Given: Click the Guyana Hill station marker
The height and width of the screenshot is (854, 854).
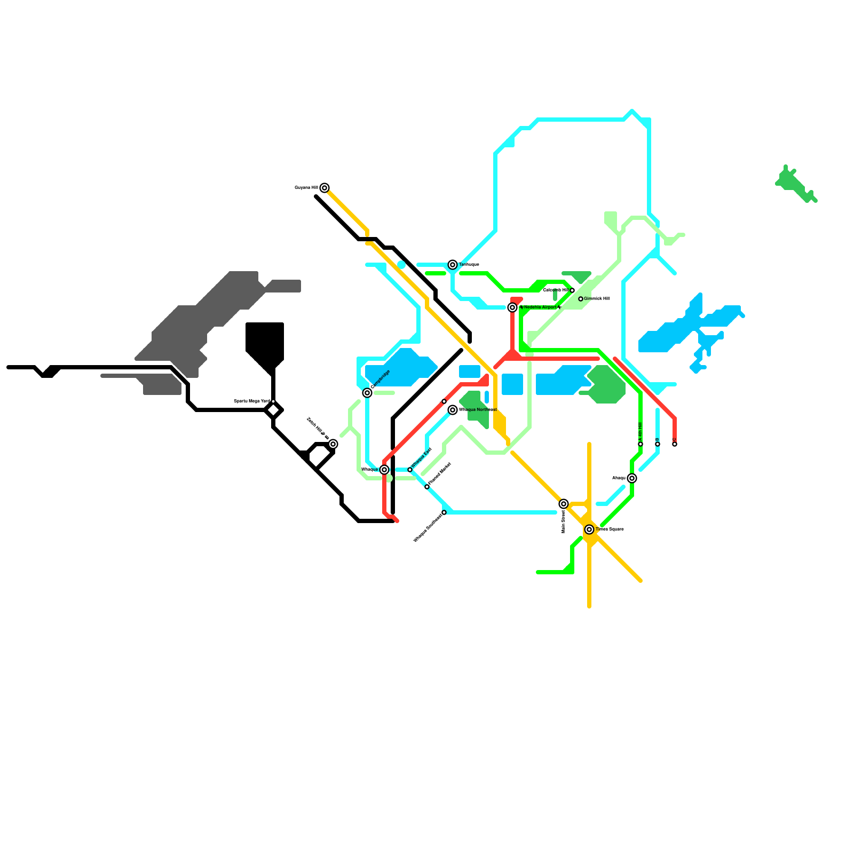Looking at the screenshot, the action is click(325, 188).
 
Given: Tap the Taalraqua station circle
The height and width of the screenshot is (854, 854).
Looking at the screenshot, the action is click(453, 265).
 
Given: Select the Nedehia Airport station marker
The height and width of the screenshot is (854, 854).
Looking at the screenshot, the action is click(512, 307).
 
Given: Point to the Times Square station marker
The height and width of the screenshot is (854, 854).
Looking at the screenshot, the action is click(589, 529).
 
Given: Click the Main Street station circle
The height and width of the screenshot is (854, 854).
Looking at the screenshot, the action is click(564, 504).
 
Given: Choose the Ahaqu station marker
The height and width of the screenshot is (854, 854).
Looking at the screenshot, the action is click(632, 478).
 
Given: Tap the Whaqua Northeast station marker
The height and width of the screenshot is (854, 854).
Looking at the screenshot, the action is click(453, 410).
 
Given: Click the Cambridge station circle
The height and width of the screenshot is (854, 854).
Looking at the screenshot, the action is click(367, 393).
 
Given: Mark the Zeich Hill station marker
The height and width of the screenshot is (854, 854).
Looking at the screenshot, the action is click(333, 444).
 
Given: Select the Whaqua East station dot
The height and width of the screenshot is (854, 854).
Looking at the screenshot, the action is click(410, 470).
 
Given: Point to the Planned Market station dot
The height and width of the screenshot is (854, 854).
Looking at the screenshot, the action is click(427, 487).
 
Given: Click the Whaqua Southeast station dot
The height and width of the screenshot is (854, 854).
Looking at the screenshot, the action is click(444, 512).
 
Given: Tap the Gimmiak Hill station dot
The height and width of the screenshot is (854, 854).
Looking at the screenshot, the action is click(581, 299).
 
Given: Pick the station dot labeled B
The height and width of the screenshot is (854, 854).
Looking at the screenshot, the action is click(658, 444).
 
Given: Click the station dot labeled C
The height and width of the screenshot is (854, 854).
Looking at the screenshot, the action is click(675, 444).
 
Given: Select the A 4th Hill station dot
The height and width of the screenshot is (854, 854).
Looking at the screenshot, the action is click(640, 444).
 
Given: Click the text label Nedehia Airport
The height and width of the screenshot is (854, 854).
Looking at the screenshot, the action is click(540, 307).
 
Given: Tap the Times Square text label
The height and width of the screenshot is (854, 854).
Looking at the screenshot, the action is click(610, 529).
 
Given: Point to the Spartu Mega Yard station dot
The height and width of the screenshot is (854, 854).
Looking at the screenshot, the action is click(273, 401).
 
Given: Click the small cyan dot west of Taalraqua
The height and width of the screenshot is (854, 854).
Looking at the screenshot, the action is click(401, 265).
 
